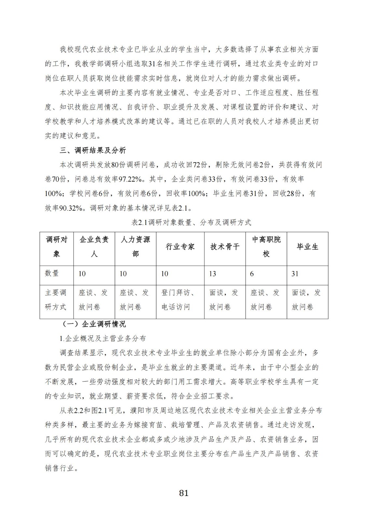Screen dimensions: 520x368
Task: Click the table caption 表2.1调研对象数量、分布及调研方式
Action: click(191, 223)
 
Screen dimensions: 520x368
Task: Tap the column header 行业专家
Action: click(180, 247)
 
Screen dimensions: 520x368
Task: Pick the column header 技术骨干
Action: click(225, 247)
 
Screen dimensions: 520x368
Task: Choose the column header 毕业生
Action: click(307, 247)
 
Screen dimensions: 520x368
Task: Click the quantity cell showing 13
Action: click(212, 274)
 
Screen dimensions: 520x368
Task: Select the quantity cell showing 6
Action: click(252, 274)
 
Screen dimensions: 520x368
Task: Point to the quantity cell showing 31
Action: click(295, 274)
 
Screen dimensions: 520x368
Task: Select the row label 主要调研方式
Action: click(56, 300)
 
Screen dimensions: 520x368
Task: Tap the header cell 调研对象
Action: click(57, 247)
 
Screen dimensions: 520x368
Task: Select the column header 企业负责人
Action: click(94, 247)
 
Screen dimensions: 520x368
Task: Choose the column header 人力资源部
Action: click(135, 247)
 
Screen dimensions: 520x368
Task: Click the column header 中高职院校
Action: click(266, 247)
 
